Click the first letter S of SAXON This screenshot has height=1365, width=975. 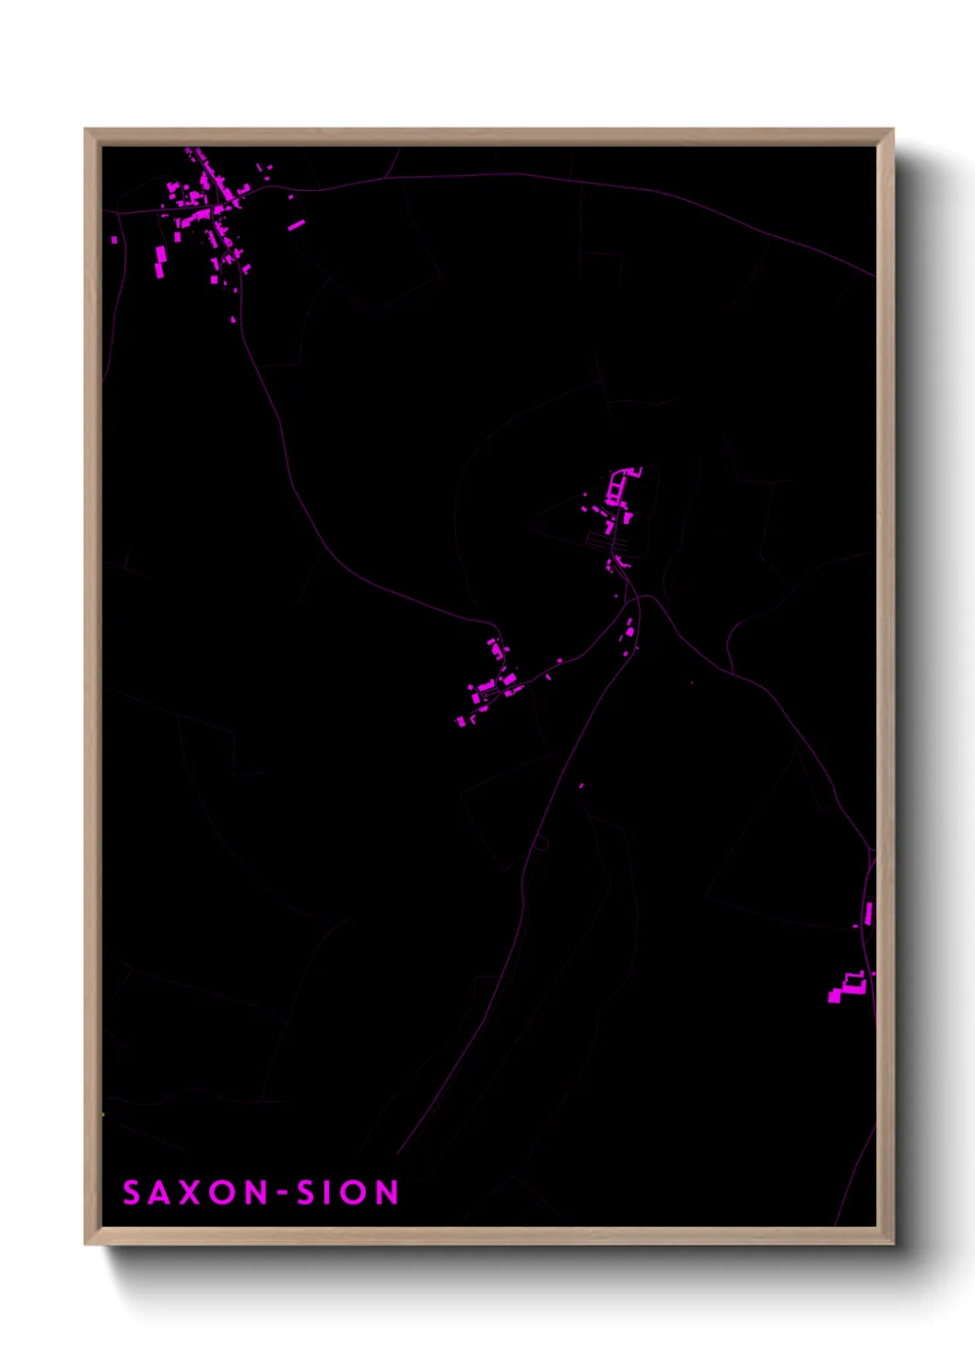click(132, 1193)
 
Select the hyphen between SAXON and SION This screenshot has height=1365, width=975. click(284, 1193)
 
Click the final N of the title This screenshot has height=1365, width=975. click(387, 1193)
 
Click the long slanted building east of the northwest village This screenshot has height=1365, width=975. click(296, 224)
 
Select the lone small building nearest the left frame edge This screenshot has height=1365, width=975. click(114, 240)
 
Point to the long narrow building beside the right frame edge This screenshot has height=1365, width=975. click(868, 913)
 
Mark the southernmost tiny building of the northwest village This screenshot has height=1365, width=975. click(232, 319)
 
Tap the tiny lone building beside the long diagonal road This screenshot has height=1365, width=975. click(581, 786)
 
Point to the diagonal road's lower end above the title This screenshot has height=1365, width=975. click(399, 1153)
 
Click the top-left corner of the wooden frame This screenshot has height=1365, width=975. click(86, 130)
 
